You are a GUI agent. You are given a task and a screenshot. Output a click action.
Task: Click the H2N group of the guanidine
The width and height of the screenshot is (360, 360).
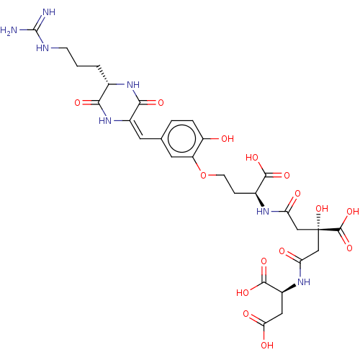click(x=9, y=30)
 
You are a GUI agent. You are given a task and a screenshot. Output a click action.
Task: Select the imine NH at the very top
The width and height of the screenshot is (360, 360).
click(x=49, y=12)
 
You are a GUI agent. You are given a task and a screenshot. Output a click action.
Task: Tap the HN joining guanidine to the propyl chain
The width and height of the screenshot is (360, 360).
click(x=42, y=48)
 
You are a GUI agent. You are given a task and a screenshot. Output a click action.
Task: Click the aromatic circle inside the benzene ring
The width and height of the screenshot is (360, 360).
click(x=181, y=138)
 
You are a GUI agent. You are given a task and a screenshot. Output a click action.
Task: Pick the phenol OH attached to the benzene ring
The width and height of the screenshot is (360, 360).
click(x=228, y=139)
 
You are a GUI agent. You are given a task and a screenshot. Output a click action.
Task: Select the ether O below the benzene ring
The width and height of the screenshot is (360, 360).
click(x=203, y=175)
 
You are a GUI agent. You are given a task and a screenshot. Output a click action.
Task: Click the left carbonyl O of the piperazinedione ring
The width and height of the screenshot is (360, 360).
click(x=77, y=103)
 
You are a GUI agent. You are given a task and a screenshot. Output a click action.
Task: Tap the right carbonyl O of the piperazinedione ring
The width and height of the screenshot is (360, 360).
click(x=161, y=103)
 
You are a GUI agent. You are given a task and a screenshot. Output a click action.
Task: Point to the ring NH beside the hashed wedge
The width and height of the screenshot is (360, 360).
click(x=133, y=84)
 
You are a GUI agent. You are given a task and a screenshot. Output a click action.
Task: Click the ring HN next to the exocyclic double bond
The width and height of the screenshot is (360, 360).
click(x=105, y=121)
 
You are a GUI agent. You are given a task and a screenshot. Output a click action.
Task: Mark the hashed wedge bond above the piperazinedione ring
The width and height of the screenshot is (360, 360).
click(x=104, y=75)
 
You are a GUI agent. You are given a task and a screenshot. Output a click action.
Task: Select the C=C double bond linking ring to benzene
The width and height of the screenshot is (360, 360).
click(x=135, y=129)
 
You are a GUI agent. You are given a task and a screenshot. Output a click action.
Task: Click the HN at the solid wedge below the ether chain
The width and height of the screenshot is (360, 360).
click(x=263, y=212)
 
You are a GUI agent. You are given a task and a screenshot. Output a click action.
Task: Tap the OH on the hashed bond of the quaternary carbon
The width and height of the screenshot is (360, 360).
click(x=322, y=209)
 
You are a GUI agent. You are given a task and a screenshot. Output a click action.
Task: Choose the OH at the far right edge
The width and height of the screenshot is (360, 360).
click(x=353, y=212)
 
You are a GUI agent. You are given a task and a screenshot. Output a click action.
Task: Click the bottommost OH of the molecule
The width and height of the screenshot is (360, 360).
click(x=267, y=346)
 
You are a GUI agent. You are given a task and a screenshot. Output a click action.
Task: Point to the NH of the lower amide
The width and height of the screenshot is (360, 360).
click(x=304, y=282)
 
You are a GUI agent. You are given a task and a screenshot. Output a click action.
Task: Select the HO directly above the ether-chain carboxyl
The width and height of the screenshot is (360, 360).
click(x=252, y=158)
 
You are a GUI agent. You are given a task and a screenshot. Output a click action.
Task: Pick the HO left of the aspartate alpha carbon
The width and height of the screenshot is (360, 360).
click(x=243, y=292)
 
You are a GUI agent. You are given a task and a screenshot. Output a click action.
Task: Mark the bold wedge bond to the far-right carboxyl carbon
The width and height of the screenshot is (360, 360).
click(x=329, y=230)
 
